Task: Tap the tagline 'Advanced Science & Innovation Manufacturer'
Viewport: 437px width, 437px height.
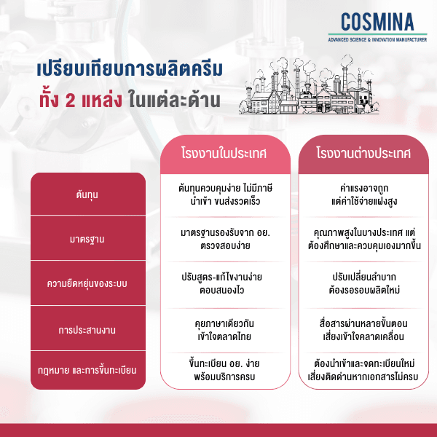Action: [377, 39]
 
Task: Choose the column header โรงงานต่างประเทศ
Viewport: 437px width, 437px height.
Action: [363, 154]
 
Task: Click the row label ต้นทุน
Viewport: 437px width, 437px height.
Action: [88, 195]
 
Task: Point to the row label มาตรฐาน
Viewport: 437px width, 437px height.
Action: [88, 238]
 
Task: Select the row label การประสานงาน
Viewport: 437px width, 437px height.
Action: [88, 330]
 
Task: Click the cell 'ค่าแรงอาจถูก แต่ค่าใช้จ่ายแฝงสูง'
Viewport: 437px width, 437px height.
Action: [363, 194]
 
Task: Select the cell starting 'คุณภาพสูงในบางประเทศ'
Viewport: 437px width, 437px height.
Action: [363, 239]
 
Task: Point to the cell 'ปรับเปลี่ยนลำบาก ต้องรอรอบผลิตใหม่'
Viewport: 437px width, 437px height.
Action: [363, 284]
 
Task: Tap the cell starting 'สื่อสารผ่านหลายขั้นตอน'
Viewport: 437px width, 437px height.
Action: [363, 329]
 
